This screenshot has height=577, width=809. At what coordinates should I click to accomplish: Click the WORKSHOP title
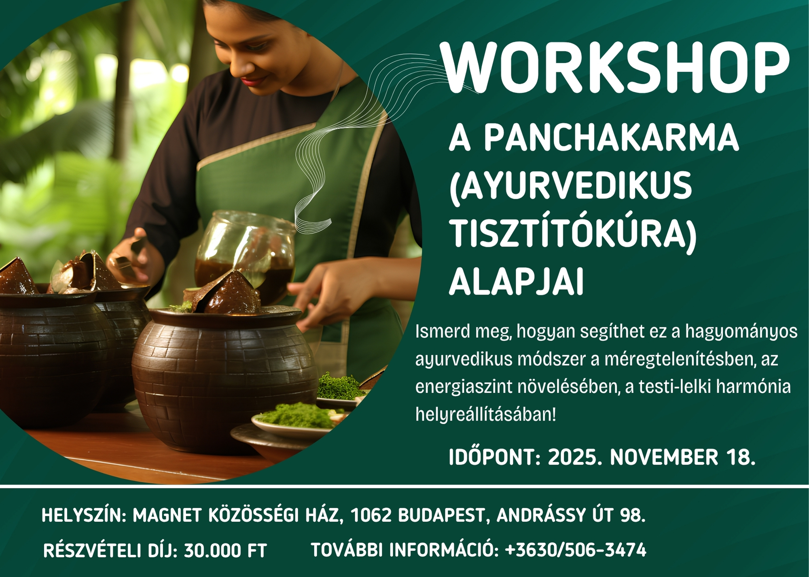[614, 67]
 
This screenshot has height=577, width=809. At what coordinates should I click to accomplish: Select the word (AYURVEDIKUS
[571, 185]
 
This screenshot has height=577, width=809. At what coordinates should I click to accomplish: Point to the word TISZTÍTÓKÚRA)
[573, 234]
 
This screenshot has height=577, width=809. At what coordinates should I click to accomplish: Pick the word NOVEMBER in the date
[664, 457]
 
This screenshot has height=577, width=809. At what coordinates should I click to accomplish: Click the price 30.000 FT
[225, 550]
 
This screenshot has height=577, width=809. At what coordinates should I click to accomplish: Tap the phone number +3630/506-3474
[576, 550]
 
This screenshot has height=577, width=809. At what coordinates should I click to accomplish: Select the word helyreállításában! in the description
[486, 415]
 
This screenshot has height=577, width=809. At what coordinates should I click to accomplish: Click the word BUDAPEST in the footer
[441, 516]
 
